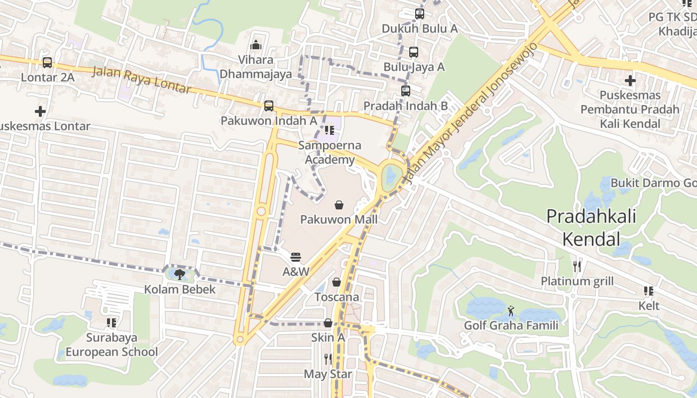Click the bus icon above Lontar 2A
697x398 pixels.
coord(47,63)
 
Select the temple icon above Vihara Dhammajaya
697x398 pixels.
coord(256,45)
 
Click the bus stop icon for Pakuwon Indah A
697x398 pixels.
coord(269,106)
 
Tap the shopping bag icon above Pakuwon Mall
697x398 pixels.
coord(339,204)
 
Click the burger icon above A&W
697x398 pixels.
coord(296,257)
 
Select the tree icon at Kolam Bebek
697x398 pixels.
coord(180,274)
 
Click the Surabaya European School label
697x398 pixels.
coord(112,345)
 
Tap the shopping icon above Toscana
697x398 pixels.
coord(337,282)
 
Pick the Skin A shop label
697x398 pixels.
coord(328,337)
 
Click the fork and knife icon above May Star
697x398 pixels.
coord(328,359)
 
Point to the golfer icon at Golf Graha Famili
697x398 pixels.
coord(511,311)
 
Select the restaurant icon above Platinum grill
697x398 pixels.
coord(577,267)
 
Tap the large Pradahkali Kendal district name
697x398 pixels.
coord(591,228)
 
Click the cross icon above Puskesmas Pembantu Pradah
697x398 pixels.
coord(630,80)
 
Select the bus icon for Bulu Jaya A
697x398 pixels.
coord(414,52)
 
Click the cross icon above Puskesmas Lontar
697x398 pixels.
coord(40,111)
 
